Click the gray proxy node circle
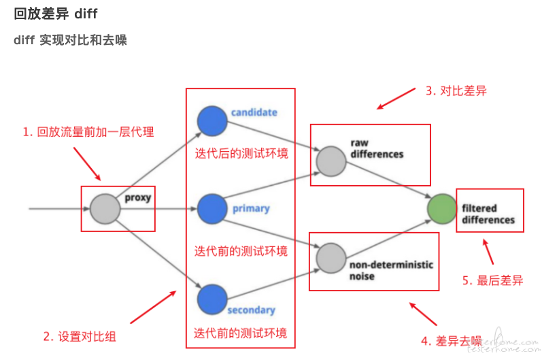pyautogui.click(x=105, y=208)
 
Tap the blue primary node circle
pyautogui.click(x=212, y=208)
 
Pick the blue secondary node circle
pyautogui.click(x=212, y=298)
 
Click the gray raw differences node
pyautogui.click(x=331, y=161)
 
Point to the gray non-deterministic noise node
pyautogui.click(x=331, y=257)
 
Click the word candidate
pyautogui.click(x=254, y=112)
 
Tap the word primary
pyautogui.click(x=251, y=208)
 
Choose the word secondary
pyautogui.click(x=251, y=310)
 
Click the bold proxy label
pyautogui.click(x=137, y=198)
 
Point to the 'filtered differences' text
pyautogui.click(x=488, y=214)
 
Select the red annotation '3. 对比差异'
pyautogui.click(x=456, y=91)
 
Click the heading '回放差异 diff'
pyautogui.click(x=56, y=14)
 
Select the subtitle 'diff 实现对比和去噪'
pyautogui.click(x=70, y=40)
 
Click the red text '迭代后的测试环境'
pyautogui.click(x=241, y=154)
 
